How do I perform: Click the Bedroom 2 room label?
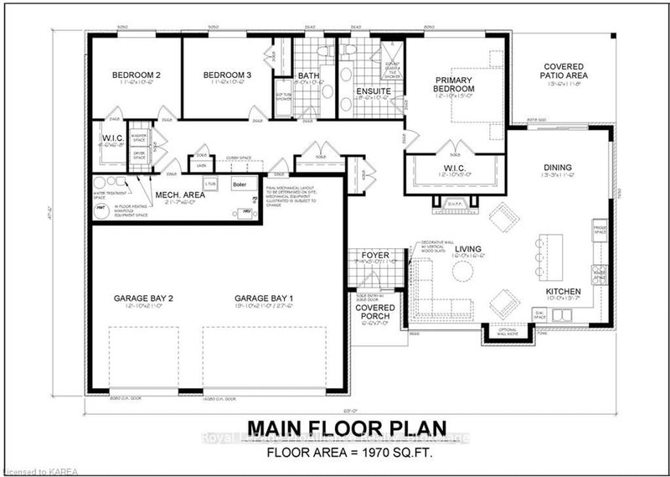136,75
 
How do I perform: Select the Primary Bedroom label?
455,84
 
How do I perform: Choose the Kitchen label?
563,293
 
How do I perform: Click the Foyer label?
373,255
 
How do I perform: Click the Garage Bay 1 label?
263,298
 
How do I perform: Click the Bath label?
309,75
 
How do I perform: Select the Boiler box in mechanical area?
240,184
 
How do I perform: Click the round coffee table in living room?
462,270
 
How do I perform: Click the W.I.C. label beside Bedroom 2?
113,138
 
